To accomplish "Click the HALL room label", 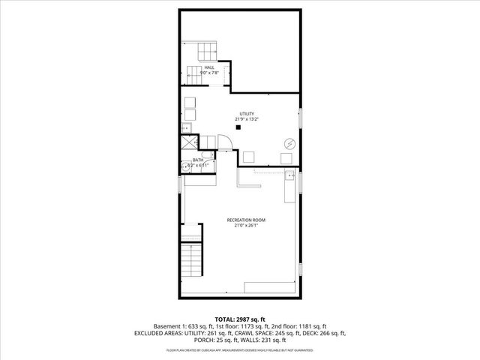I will (208, 67).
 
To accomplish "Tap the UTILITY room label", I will (246, 114).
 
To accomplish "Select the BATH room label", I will (198, 160).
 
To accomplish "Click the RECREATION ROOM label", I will (246, 220).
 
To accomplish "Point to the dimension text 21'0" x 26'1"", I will (246, 225).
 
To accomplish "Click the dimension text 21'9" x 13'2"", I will (246, 119).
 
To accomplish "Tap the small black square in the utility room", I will (238, 127).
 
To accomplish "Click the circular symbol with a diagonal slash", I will (289, 143).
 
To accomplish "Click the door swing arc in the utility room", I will (225, 141).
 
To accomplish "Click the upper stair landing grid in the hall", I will (207, 52).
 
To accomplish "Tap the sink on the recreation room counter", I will (289, 177).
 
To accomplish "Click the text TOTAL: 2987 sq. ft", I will (239, 319).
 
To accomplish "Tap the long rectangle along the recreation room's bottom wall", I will (270, 287).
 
